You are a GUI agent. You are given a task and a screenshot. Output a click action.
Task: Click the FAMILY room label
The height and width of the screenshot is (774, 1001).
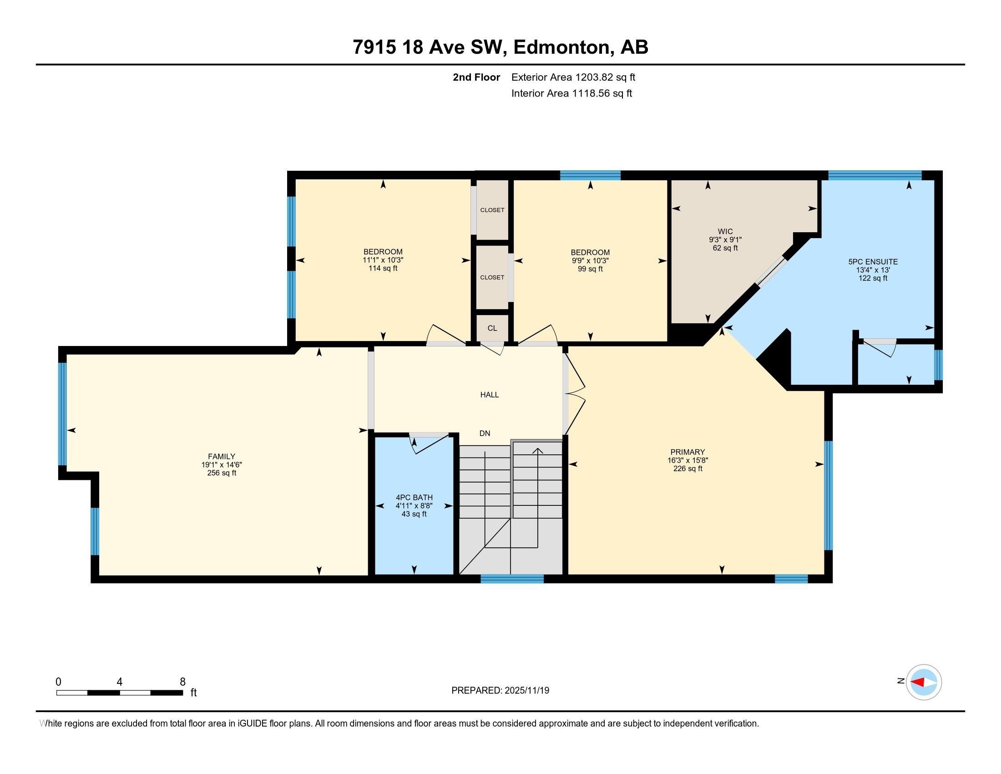(222, 456)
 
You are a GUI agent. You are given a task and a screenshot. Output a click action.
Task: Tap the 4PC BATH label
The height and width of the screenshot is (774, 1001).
(414, 498)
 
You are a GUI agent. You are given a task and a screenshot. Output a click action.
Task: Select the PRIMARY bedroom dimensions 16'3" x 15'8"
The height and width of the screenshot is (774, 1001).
(688, 460)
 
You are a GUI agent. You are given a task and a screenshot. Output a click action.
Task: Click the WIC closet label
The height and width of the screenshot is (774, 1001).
(725, 232)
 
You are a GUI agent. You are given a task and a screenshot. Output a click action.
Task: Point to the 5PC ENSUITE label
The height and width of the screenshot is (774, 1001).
(873, 262)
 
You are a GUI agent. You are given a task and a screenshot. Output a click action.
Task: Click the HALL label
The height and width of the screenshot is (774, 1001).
(490, 395)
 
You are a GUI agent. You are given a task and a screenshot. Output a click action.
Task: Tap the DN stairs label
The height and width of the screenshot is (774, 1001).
(485, 433)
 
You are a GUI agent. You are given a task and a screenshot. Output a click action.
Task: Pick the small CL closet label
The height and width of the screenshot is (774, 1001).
(492, 328)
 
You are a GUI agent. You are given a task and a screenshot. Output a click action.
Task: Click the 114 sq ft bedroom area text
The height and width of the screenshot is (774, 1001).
(383, 268)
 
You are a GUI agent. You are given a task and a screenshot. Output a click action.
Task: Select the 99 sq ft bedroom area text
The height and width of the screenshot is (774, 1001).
(590, 269)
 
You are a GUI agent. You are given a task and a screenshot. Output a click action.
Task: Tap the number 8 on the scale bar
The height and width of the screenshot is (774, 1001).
(182, 682)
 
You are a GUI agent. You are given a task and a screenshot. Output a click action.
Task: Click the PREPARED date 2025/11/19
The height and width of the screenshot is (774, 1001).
(500, 691)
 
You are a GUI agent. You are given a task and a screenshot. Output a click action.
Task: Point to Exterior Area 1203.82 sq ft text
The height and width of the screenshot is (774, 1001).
(573, 77)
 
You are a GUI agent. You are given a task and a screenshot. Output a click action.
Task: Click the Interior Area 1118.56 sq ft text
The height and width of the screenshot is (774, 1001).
(571, 93)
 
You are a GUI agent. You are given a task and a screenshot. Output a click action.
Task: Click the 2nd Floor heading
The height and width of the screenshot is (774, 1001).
(476, 77)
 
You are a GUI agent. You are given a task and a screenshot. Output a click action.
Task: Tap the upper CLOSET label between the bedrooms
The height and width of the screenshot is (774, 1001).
(492, 210)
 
